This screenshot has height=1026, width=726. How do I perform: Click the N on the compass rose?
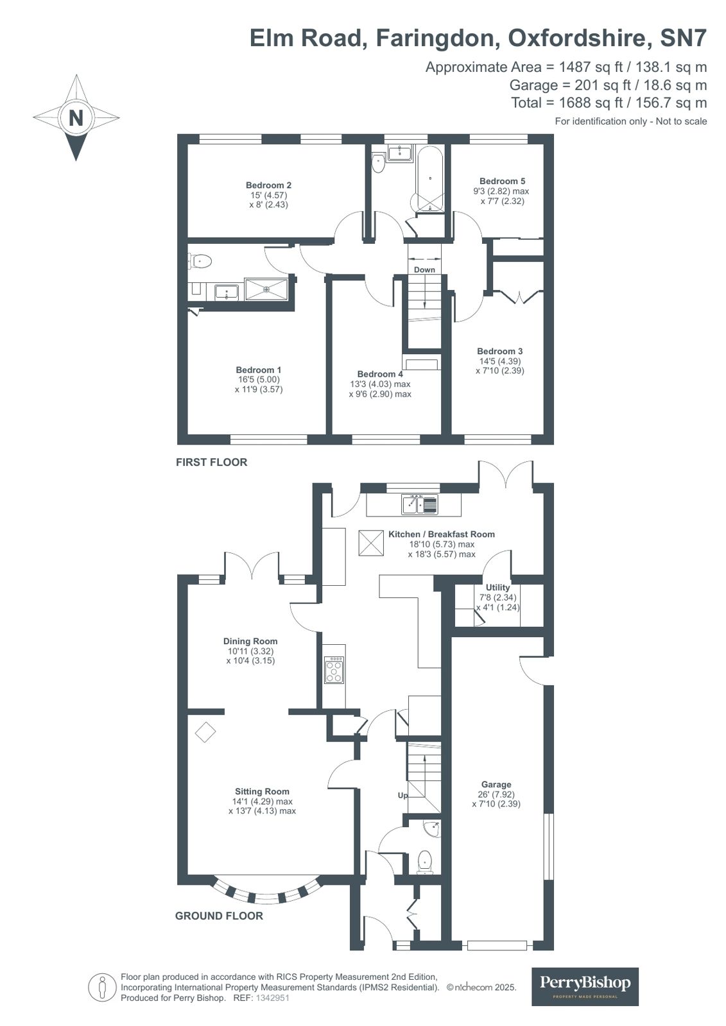point(76,118)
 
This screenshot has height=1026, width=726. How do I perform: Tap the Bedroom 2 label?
point(269,185)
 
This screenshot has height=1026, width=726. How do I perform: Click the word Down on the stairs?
point(424,269)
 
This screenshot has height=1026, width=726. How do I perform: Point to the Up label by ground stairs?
point(402,795)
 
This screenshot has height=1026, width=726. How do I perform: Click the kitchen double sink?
point(420,505)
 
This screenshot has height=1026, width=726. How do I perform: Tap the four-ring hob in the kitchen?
point(334,670)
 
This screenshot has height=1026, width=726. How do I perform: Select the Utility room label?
point(497,587)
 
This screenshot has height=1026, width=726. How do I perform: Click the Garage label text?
point(496,784)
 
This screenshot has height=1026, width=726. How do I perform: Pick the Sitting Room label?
point(262,791)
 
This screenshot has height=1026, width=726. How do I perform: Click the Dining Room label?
point(250,641)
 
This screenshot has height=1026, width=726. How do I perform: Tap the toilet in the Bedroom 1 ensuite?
point(201,261)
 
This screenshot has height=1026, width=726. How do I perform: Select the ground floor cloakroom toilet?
point(425,861)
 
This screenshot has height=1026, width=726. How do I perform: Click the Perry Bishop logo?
point(585,986)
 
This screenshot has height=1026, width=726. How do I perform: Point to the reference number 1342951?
point(273,998)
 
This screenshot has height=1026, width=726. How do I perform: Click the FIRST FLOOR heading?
point(211,462)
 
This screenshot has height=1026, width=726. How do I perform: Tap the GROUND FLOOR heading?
point(219,916)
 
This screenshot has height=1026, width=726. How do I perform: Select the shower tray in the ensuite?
point(266,289)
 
